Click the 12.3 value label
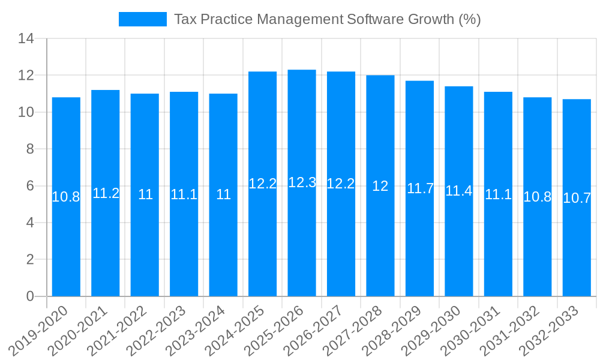(302, 183)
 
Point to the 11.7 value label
(420, 188)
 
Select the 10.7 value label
(577, 198)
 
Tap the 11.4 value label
(459, 191)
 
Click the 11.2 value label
(106, 193)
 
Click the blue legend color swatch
(143, 19)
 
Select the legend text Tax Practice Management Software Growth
(327, 19)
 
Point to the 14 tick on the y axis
(26, 39)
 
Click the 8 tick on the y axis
(29, 149)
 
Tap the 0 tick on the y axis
(29, 296)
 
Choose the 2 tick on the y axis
(29, 260)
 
